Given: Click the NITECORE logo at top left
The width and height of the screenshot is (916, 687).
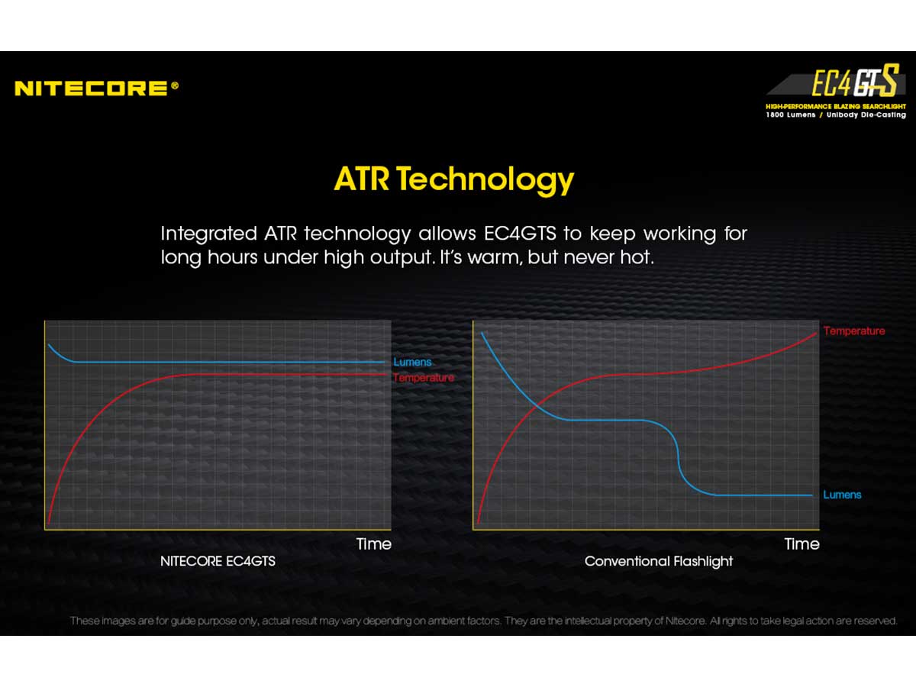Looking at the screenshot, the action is [96, 88].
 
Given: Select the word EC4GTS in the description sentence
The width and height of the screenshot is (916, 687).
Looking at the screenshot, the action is [520, 233].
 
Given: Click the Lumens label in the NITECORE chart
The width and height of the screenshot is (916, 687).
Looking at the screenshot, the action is [412, 362].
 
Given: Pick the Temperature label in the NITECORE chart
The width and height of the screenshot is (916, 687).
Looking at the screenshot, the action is [423, 378].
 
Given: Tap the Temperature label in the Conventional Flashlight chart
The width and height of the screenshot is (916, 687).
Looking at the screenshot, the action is [854, 331].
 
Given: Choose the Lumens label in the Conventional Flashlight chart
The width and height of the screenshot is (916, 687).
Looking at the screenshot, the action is [842, 495].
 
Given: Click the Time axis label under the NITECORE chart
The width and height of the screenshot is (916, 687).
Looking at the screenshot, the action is [374, 544].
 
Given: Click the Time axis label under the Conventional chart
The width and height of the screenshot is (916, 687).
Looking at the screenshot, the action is [801, 544].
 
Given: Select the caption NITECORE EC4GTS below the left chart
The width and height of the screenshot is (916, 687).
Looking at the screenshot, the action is [218, 561].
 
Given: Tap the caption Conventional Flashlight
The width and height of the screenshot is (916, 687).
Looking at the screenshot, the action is [659, 562].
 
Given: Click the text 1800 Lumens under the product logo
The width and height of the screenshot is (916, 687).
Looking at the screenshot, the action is [790, 114].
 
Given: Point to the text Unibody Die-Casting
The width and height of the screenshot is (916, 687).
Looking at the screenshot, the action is [866, 114].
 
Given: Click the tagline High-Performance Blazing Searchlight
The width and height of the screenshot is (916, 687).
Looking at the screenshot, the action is [836, 106].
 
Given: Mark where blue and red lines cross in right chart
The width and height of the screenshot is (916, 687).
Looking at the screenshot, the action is [537, 405].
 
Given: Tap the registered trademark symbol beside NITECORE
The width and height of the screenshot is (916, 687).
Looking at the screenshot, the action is [175, 85].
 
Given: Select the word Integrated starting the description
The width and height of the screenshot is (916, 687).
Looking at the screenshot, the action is [208, 234].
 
